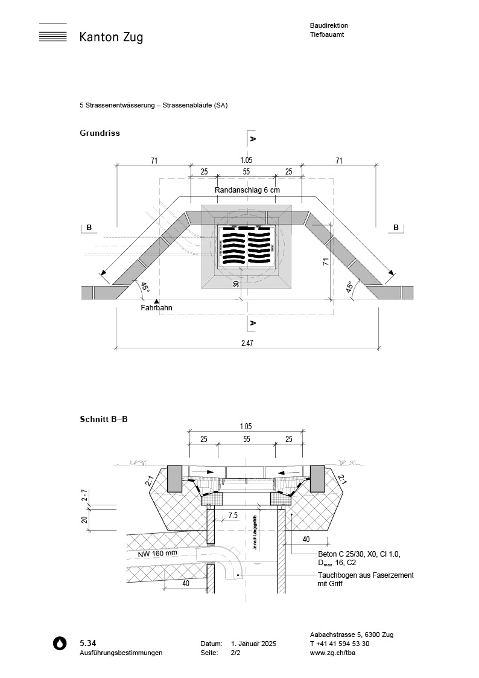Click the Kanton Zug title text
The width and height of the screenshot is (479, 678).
coord(111,37)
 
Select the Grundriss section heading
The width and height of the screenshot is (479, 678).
coord(100,133)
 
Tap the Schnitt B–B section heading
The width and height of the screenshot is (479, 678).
coord(104,418)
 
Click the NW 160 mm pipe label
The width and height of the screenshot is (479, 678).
coord(157,553)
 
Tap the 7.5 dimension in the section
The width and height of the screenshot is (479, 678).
coord(233,515)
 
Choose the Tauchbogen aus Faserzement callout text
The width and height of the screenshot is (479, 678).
coord(366,580)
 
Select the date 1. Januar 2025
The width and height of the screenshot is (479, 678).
coord(253,644)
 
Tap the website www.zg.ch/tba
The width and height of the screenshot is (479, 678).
coord(331,653)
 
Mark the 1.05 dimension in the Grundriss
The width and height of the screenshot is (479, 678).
coord(246,160)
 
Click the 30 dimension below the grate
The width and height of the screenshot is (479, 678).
coord(236,284)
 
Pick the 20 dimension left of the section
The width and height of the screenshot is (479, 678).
coord(84,519)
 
